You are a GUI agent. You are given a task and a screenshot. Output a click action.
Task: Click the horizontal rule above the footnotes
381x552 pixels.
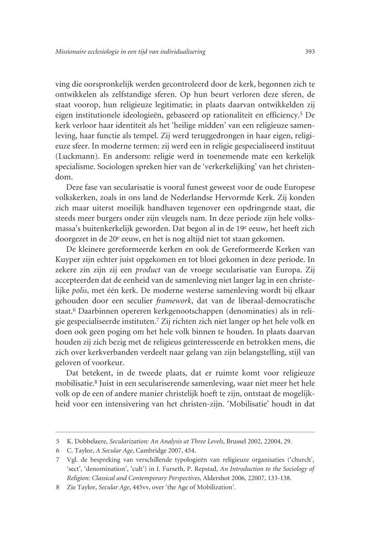(x=184, y=432)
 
